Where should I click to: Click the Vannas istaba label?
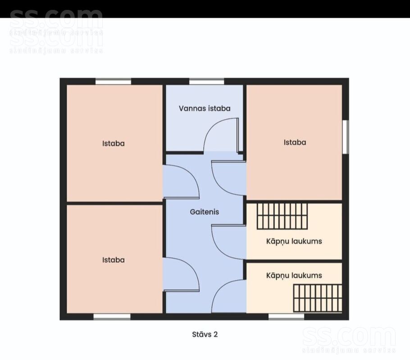pyautogui.click(x=205, y=109)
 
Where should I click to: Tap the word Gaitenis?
pyautogui.click(x=205, y=212)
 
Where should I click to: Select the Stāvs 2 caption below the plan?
pyautogui.click(x=205, y=334)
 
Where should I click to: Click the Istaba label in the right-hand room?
pyautogui.click(x=295, y=142)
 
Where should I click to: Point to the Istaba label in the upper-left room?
pyautogui.click(x=113, y=144)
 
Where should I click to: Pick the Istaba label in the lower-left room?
pyautogui.click(x=113, y=260)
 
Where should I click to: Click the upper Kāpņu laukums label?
pyautogui.click(x=294, y=242)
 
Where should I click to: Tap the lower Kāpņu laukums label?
pyautogui.click(x=294, y=276)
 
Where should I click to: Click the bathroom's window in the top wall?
pyautogui.click(x=206, y=81)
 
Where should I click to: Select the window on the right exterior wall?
pyautogui.click(x=346, y=137)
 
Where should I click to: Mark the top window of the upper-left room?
pyautogui.click(x=113, y=81)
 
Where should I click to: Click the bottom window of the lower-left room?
pyautogui.click(x=112, y=317)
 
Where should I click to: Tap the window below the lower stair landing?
pyautogui.click(x=286, y=317)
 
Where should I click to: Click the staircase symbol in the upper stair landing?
pyautogui.click(x=282, y=216)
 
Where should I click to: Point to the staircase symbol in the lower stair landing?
pyautogui.click(x=318, y=298)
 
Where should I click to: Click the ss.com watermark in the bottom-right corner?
pyautogui.click(x=349, y=340)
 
